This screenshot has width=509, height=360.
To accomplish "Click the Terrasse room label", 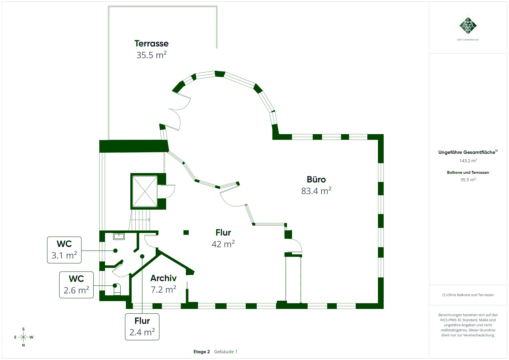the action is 151,43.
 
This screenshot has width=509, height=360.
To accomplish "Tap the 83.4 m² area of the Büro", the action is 316,191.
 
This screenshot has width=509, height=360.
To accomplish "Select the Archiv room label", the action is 163,278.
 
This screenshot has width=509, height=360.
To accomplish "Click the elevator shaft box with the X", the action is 145,191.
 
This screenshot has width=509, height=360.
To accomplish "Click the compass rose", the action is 23,337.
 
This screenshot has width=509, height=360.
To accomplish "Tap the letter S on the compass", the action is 23,329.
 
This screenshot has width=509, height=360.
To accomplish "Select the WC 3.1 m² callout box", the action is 64,250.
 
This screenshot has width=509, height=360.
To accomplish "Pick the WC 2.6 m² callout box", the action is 76,285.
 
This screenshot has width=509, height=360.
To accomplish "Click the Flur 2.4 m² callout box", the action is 142,327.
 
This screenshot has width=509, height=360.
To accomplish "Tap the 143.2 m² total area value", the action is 468,161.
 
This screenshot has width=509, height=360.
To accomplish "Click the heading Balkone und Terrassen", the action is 468,173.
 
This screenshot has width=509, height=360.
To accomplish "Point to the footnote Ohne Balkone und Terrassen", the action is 468,295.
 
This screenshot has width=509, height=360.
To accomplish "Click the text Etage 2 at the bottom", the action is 202,352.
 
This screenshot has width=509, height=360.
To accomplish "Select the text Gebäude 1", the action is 226,352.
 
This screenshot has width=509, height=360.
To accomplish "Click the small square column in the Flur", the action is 186,233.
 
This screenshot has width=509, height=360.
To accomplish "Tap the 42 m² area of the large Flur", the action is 223,244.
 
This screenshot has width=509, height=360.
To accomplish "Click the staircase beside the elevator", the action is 140,220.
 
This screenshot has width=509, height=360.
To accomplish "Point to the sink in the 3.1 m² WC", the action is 119,236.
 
